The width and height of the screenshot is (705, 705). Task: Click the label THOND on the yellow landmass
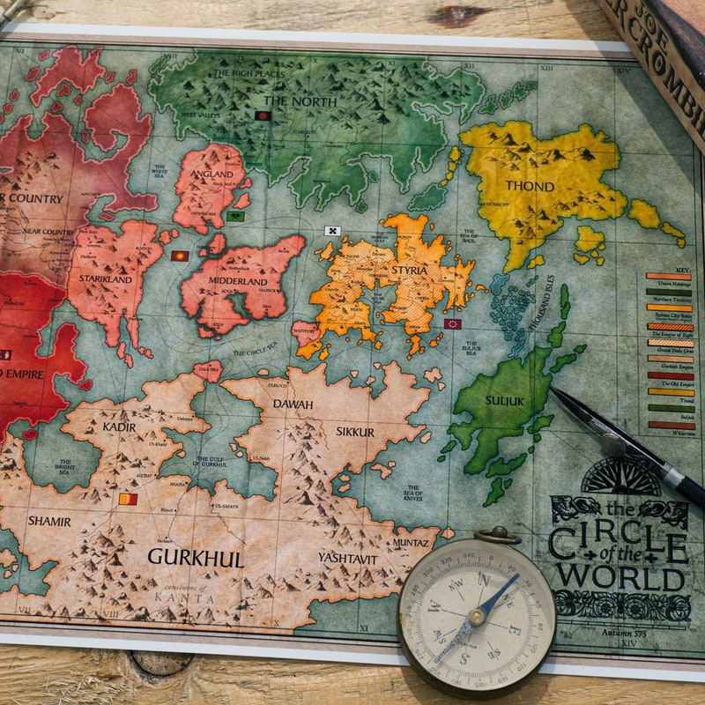(x=530, y=186)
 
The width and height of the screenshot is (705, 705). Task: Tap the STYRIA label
(x=409, y=271)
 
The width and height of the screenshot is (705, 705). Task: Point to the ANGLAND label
(x=211, y=174)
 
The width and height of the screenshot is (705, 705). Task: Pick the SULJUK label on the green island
(x=504, y=400)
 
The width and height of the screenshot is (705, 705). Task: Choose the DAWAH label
(x=293, y=404)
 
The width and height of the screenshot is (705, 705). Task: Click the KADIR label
(x=119, y=426)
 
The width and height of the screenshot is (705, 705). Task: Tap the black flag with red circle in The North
(x=262, y=115)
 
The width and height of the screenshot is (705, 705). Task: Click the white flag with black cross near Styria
(x=332, y=231)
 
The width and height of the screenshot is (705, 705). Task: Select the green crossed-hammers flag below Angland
(x=234, y=216)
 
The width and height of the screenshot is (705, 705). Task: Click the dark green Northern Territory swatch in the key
(x=669, y=292)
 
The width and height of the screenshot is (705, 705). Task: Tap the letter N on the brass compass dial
(x=482, y=579)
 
